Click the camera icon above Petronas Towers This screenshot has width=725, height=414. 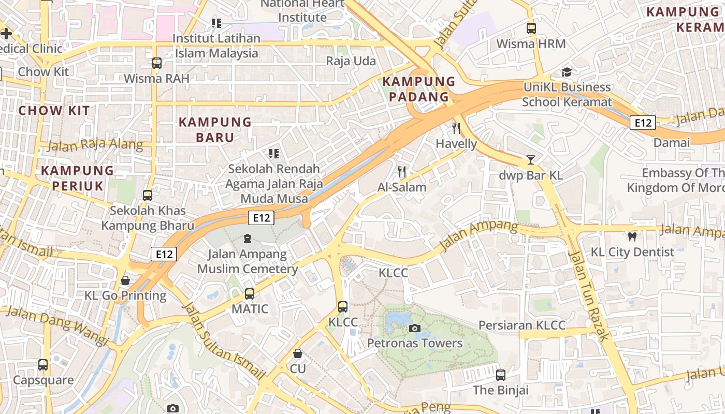(414, 328)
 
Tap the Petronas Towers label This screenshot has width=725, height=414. (414, 343)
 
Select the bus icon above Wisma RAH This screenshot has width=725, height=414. (156, 63)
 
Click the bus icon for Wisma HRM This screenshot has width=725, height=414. (531, 28)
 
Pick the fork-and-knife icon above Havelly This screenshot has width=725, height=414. (456, 128)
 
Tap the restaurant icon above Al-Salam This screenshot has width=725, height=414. (402, 172)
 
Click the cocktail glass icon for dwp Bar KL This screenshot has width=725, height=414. (530, 160)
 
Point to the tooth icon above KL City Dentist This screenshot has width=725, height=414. (632, 237)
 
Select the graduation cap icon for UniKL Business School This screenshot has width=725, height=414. (567, 72)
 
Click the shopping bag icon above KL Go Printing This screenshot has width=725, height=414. (125, 280)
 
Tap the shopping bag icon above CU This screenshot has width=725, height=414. (298, 353)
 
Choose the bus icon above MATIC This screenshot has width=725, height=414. (250, 294)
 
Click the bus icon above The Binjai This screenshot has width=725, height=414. (500, 375)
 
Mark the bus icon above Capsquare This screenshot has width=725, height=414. (43, 364)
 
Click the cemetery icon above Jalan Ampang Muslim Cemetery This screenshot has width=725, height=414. (247, 239)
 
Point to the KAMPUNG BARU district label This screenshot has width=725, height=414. (215, 129)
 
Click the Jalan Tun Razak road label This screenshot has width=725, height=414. (589, 296)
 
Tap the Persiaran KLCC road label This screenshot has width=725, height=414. (521, 325)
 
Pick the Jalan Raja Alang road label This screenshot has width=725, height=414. (95, 144)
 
